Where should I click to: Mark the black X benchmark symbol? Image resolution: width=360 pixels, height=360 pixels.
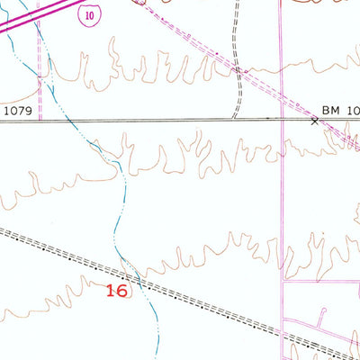tap(315, 120)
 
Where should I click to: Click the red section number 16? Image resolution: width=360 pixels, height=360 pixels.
tap(116, 290)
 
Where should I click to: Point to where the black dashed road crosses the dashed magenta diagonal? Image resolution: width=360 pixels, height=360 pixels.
tap(236, 68)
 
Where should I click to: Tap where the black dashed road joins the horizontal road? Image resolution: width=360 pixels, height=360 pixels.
tap(232, 120)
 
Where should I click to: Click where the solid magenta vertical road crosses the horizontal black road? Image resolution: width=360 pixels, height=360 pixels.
tap(283, 120)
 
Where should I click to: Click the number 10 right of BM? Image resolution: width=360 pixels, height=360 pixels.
tap(353, 109)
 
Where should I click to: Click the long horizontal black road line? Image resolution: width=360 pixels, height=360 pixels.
tap(162, 120)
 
